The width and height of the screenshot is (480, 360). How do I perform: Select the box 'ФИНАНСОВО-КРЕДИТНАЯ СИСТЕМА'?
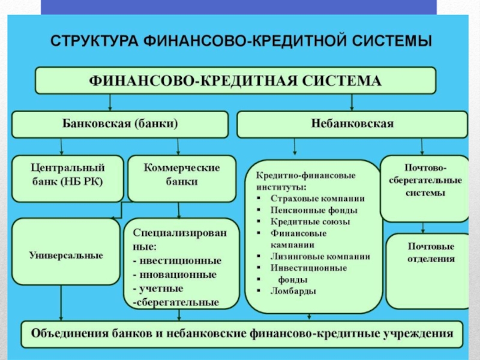235,81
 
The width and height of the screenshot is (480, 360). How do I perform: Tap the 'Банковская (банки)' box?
120,124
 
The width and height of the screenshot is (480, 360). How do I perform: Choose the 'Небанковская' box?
352,124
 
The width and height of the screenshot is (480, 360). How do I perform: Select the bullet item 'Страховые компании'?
317,198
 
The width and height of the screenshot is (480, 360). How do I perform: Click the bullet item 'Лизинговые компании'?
320,256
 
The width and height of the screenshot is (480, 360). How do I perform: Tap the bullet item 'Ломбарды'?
293,291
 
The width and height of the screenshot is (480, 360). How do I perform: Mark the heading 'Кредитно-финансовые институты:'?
306,181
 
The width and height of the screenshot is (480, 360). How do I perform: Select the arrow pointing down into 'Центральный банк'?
61,148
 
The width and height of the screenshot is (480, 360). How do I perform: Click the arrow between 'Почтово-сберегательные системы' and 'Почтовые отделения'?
423,229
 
